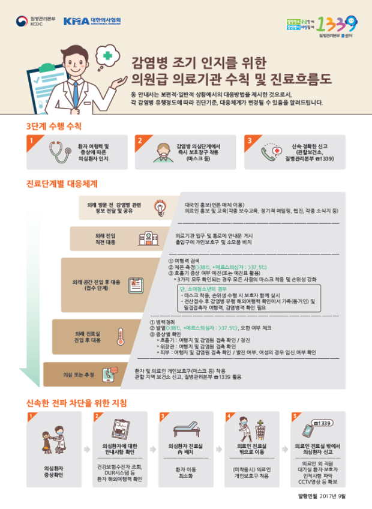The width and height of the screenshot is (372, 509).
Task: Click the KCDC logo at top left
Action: (x=34, y=22)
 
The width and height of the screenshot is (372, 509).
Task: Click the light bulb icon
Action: (x=160, y=208)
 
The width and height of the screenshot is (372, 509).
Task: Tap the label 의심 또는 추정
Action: (x=79, y=375)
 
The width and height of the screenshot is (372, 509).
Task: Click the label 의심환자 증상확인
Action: (x=53, y=469)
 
